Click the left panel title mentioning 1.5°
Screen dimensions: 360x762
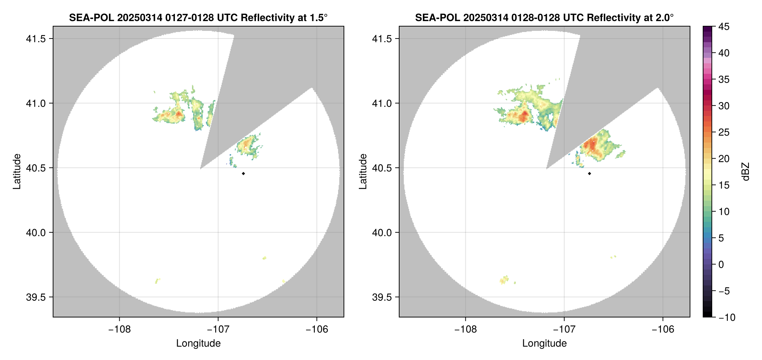coord(198,17)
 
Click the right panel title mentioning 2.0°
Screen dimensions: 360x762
coord(544,17)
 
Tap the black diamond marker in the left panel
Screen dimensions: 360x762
coord(243,173)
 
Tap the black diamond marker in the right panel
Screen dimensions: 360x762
coord(589,173)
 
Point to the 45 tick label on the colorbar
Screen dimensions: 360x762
coord(724,27)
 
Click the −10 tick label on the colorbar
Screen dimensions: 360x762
coord(727,317)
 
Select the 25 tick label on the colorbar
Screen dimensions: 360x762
coord(724,132)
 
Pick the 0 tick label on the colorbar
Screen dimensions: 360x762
coord(721,264)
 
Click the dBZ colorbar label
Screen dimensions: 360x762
coord(746,172)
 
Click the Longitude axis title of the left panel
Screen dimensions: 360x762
coord(198,343)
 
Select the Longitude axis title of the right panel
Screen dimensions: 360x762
coord(544,343)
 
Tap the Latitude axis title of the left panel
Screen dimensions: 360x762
coord(17,172)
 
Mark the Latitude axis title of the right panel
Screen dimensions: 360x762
coord(363,172)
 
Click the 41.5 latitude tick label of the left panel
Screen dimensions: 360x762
coord(36,39)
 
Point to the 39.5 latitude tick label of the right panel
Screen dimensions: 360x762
coord(382,297)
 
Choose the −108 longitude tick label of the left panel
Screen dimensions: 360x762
coord(119,329)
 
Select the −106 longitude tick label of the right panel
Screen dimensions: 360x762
coord(663,329)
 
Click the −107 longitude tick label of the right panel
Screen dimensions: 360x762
coord(564,329)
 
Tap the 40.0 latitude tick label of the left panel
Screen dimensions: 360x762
coord(36,232)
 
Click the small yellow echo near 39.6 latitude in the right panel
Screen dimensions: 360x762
coord(504,280)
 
